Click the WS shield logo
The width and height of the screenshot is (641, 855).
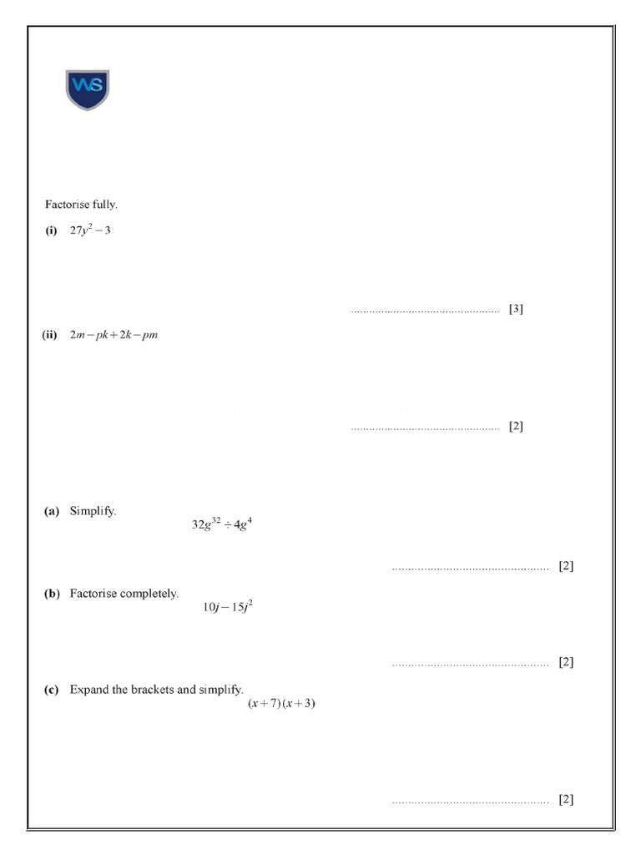point(88,89)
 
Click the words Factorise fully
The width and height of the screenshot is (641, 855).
point(82,204)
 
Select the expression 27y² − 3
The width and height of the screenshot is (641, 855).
point(91,230)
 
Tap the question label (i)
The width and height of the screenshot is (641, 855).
point(51,231)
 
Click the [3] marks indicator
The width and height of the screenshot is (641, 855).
point(516,309)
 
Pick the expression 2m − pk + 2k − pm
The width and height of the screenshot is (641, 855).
point(114,335)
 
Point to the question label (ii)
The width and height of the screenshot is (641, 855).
point(49,335)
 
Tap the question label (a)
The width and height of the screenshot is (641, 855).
point(52,511)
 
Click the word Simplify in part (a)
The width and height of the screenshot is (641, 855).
point(93,511)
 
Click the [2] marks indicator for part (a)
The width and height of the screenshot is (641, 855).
point(566,566)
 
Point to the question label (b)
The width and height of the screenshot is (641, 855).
point(52,594)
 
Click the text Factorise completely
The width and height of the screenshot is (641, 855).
point(124,594)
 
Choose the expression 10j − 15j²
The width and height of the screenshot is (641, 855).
point(228,607)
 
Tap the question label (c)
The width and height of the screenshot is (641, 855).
point(52,690)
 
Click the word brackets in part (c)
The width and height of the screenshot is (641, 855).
point(153,690)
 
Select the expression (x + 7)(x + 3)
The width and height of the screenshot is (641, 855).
point(281,703)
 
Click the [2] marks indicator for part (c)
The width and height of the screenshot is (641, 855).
point(566,799)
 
